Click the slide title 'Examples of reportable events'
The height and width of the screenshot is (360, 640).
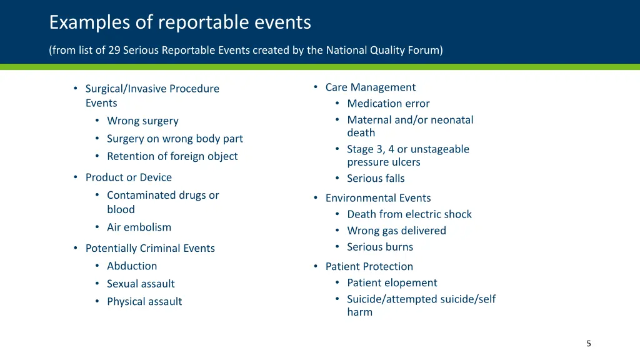[180, 22]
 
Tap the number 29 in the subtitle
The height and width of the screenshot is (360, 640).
[114, 51]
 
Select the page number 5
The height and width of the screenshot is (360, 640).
[588, 343]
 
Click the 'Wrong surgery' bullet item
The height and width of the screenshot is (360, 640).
[142, 121]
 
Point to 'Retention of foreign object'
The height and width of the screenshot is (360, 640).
[172, 156]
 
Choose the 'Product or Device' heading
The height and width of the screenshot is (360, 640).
[128, 177]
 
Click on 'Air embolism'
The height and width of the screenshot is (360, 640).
[139, 227]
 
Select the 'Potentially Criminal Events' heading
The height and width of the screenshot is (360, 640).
[150, 248]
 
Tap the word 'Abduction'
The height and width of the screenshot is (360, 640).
[132, 266]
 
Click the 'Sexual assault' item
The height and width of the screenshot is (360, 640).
[141, 284]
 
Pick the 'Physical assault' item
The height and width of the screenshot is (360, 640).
[144, 301]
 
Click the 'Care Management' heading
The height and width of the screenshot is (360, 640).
[370, 87]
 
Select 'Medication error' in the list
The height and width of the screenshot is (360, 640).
[388, 104]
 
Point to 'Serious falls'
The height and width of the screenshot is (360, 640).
[376, 179]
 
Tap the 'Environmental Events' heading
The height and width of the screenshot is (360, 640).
[378, 198]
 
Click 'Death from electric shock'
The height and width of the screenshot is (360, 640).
[409, 214]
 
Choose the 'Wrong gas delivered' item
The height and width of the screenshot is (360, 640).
[396, 231]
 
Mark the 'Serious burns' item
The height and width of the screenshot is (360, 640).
[380, 247]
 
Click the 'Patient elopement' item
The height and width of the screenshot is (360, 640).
[392, 283]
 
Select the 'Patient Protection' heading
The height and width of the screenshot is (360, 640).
[369, 267]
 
